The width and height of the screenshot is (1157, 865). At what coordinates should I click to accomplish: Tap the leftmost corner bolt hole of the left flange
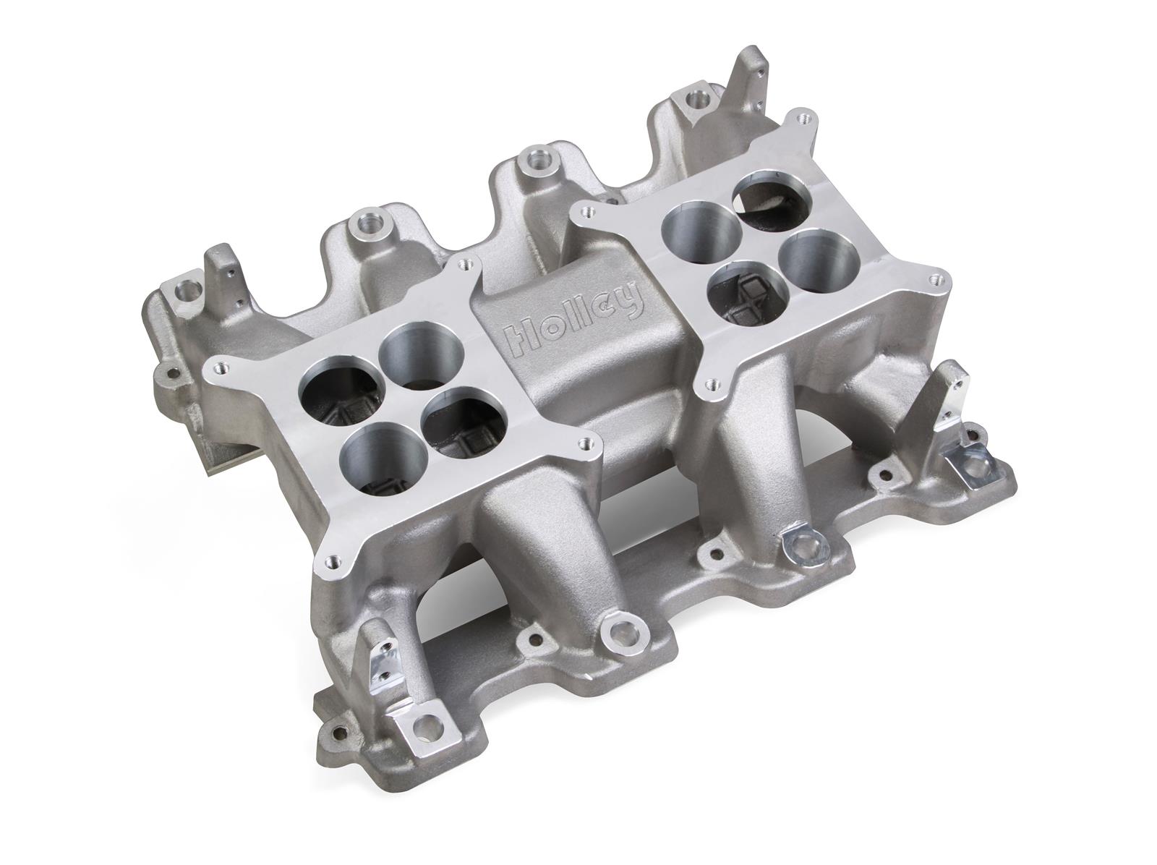pyautogui.click(x=215, y=367)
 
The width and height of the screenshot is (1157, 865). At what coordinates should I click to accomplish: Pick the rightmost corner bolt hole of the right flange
pyautogui.click(x=939, y=275)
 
